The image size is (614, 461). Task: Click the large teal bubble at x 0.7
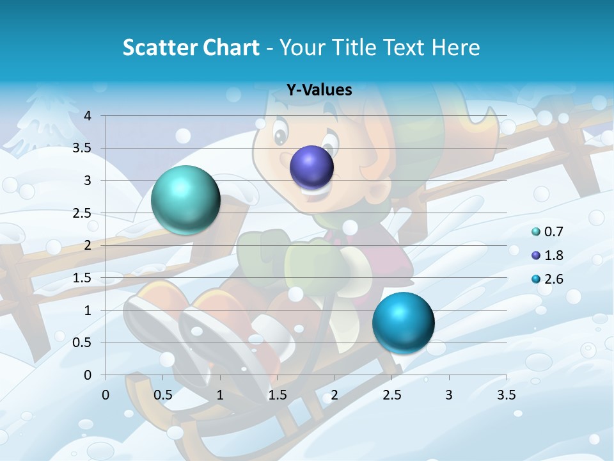tap(185, 200)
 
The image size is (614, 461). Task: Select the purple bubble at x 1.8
tap(312, 167)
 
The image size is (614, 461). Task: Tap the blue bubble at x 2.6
tap(403, 323)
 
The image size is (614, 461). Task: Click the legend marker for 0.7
tap(536, 232)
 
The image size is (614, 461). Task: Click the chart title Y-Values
tap(319, 90)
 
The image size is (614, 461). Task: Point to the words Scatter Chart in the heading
tap(191, 47)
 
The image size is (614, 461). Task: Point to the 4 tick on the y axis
tap(88, 116)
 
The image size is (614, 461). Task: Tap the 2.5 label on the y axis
tap(82, 213)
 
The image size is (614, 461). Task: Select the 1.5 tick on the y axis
tap(82, 278)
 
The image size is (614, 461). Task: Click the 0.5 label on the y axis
tap(82, 343)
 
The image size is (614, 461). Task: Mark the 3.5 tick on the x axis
tap(506, 395)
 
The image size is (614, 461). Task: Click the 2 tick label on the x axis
tap(335, 395)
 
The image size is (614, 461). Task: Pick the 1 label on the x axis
tap(220, 395)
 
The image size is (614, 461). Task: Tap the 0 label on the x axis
tap(106, 395)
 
